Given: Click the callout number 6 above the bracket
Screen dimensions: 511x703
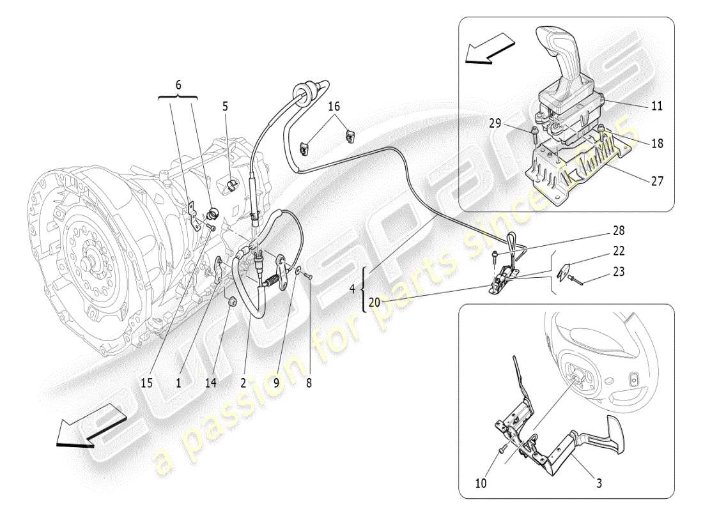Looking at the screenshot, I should coord(178,84).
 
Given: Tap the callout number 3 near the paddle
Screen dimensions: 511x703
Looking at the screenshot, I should coord(598,484).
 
